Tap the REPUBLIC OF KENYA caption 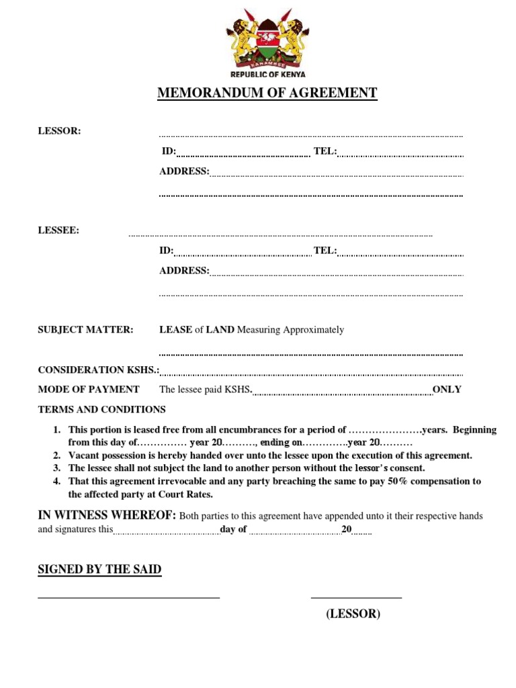(x=268, y=75)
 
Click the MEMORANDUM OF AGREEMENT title (x=267, y=93)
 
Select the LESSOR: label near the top (x=59, y=131)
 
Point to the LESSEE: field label (x=58, y=230)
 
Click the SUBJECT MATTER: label (x=85, y=330)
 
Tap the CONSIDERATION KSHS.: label (x=99, y=370)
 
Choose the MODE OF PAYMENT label (x=89, y=389)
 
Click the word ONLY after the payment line (x=447, y=389)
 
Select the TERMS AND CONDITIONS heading (x=101, y=409)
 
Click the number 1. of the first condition (x=57, y=430)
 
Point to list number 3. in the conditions (x=57, y=468)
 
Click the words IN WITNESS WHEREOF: (x=107, y=515)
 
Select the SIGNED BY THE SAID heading (x=99, y=570)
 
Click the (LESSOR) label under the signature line (x=353, y=613)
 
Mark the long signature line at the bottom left (x=128, y=597)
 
